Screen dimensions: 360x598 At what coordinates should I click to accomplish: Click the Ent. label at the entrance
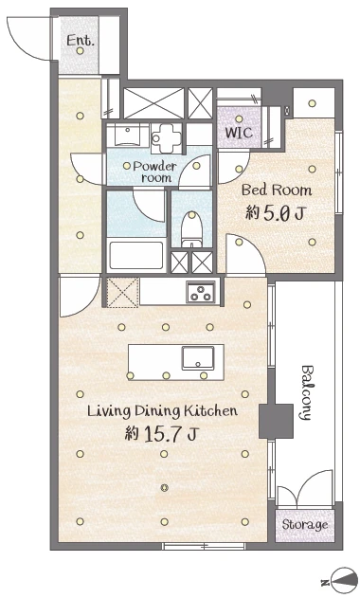tap(80, 40)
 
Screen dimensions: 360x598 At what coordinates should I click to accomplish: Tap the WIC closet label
tap(239, 133)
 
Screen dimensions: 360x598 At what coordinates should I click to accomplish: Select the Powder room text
tap(154, 172)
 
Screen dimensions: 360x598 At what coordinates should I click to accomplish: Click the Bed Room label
tap(277, 190)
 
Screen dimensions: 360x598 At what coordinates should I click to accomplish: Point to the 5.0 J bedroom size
tap(275, 213)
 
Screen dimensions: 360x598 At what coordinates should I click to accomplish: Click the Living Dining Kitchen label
tap(162, 411)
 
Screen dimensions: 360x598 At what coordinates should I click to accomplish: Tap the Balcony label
tap(307, 392)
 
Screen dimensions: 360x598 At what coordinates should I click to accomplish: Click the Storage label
tap(305, 525)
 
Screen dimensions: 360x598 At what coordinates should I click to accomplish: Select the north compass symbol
tap(344, 581)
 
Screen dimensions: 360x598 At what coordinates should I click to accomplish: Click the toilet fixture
tap(191, 229)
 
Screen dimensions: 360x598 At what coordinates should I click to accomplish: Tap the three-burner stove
tap(200, 293)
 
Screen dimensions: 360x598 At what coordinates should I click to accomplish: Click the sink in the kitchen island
tap(197, 358)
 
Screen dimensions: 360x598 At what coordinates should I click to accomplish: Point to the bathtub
tap(136, 256)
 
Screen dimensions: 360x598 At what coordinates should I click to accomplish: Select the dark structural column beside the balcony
tap(276, 422)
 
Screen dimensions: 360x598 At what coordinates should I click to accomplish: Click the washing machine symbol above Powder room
tap(166, 137)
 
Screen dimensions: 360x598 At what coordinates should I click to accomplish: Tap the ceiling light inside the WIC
tap(239, 119)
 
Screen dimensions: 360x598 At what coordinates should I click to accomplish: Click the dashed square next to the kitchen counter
tap(122, 292)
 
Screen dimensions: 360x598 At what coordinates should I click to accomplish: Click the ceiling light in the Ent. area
tap(80, 51)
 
